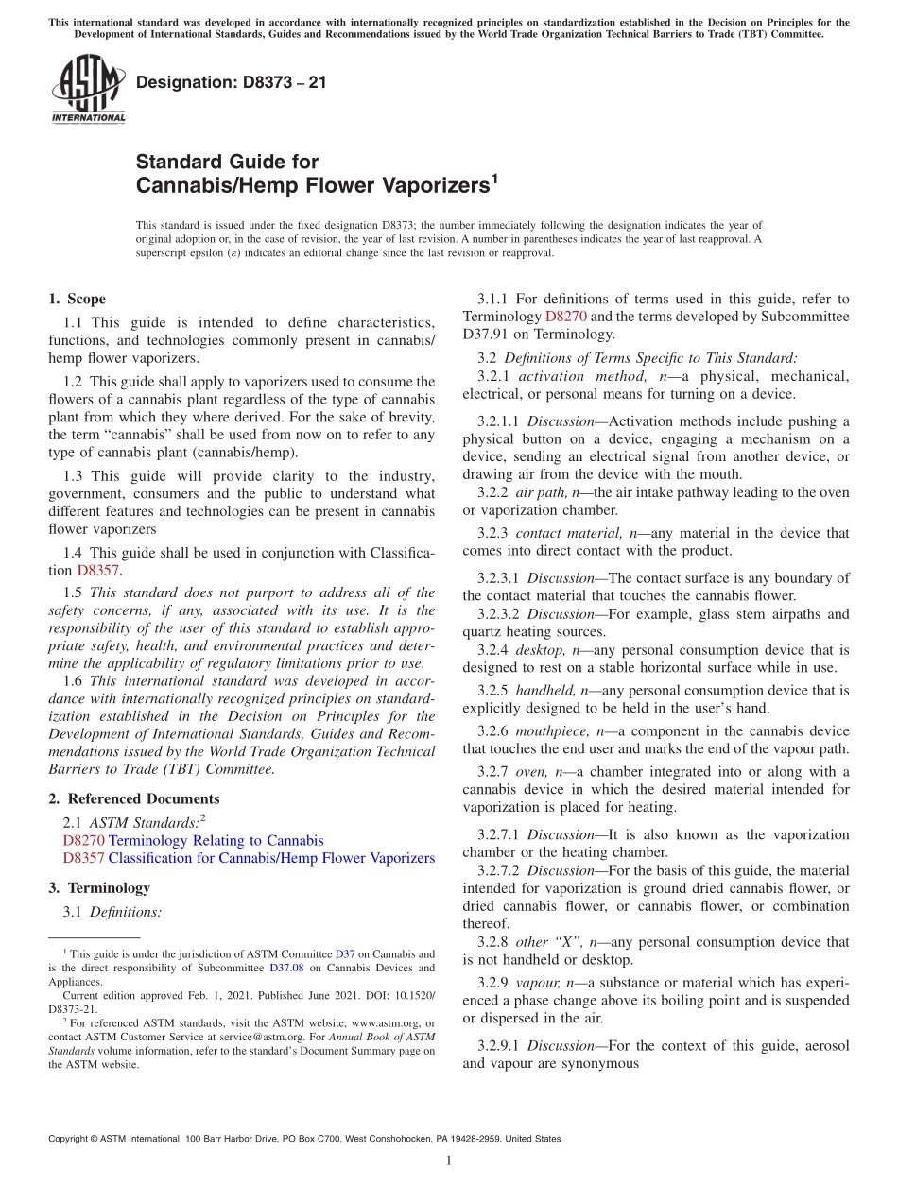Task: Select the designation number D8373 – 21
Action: pyautogui.click(x=231, y=82)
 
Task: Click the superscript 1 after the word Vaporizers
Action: pyautogui.click(x=493, y=178)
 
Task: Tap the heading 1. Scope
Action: pyautogui.click(x=77, y=299)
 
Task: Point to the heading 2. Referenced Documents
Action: pyautogui.click(x=133, y=799)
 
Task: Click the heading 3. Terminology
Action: pyautogui.click(x=98, y=888)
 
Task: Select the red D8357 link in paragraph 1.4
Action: pyautogui.click(x=98, y=570)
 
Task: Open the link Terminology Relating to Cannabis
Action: pyautogui.click(x=216, y=840)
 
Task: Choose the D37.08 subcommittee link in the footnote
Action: pyautogui.click(x=287, y=967)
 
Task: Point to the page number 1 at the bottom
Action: pyautogui.click(x=449, y=1160)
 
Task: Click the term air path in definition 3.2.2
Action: pyautogui.click(x=540, y=492)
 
